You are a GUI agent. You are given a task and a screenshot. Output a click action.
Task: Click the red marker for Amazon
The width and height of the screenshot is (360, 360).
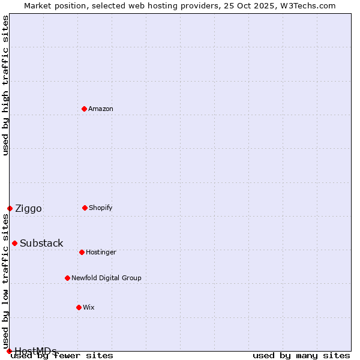(84, 109)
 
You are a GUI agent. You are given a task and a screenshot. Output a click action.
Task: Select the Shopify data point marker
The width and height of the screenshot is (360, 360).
(85, 208)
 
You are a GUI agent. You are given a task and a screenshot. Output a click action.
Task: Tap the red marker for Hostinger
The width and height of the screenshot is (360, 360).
(82, 252)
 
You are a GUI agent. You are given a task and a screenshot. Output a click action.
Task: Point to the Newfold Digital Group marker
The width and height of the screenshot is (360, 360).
(67, 278)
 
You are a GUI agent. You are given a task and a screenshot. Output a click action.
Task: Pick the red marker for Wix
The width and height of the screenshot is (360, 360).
(79, 307)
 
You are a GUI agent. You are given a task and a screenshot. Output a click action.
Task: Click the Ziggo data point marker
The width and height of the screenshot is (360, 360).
(10, 208)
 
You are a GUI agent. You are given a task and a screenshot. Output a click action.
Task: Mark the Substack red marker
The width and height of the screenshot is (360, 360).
(14, 243)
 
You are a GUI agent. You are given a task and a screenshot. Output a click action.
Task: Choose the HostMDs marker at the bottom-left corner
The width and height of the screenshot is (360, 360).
(9, 351)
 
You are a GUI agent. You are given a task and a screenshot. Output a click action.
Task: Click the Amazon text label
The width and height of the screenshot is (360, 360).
(101, 109)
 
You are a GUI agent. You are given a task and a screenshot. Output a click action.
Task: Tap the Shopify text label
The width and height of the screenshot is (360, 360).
(101, 208)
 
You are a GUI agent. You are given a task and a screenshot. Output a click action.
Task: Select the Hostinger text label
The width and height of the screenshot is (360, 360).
(101, 252)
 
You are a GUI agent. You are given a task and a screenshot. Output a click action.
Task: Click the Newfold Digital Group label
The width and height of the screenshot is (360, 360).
(106, 278)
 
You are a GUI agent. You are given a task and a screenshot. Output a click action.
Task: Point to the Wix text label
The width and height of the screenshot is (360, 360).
(89, 307)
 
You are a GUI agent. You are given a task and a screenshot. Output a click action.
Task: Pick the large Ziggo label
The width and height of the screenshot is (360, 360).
(28, 208)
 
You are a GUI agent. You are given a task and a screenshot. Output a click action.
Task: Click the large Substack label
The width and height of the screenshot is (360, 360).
(41, 243)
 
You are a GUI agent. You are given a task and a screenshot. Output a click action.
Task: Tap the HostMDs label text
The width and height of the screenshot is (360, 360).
(35, 350)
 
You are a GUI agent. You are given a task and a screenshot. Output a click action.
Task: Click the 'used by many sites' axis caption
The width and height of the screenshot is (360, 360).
(301, 355)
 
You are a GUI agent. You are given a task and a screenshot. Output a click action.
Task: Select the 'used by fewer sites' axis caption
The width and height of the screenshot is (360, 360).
(62, 355)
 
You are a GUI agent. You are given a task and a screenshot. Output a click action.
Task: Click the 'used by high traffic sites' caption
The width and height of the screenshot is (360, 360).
(5, 85)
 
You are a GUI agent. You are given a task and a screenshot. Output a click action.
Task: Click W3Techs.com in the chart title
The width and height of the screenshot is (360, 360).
(307, 5)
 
